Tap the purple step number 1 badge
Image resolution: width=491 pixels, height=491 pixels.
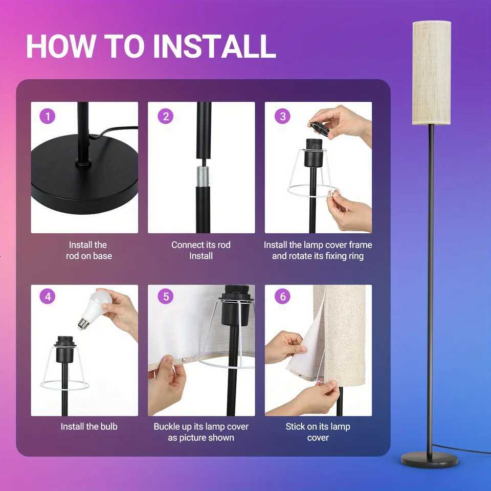[x=48, y=117]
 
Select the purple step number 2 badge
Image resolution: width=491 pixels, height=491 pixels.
[x=165, y=117]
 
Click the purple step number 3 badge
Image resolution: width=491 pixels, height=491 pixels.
[x=282, y=117]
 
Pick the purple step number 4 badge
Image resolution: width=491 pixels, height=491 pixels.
[x=48, y=296]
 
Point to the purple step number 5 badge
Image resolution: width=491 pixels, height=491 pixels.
[x=165, y=296]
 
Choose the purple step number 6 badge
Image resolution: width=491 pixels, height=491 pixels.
[x=282, y=296]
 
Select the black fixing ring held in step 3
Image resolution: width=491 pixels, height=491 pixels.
[x=320, y=128]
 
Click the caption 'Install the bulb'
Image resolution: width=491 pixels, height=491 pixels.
[x=89, y=427]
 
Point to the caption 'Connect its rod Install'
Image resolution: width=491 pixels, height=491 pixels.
[x=201, y=251]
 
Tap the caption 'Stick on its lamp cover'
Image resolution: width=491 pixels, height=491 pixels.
[x=318, y=432]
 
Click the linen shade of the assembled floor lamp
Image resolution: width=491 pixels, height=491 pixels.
[x=431, y=72]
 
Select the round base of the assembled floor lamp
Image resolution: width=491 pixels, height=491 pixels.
[x=430, y=459]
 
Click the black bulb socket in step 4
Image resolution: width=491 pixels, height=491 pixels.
[x=65, y=349]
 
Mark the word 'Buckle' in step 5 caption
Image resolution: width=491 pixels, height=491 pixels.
[x=167, y=427]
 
